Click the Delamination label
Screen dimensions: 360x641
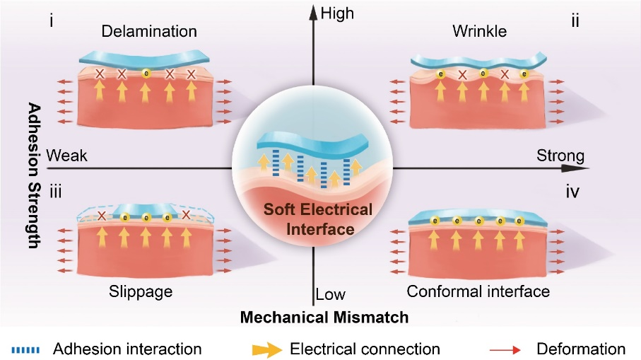149,32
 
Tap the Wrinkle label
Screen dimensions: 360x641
478,32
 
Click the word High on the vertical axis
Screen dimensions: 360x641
337,13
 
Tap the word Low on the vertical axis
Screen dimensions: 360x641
330,293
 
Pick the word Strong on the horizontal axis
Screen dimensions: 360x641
560,155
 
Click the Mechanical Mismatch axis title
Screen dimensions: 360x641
324,318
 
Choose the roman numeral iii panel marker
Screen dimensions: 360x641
54,190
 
